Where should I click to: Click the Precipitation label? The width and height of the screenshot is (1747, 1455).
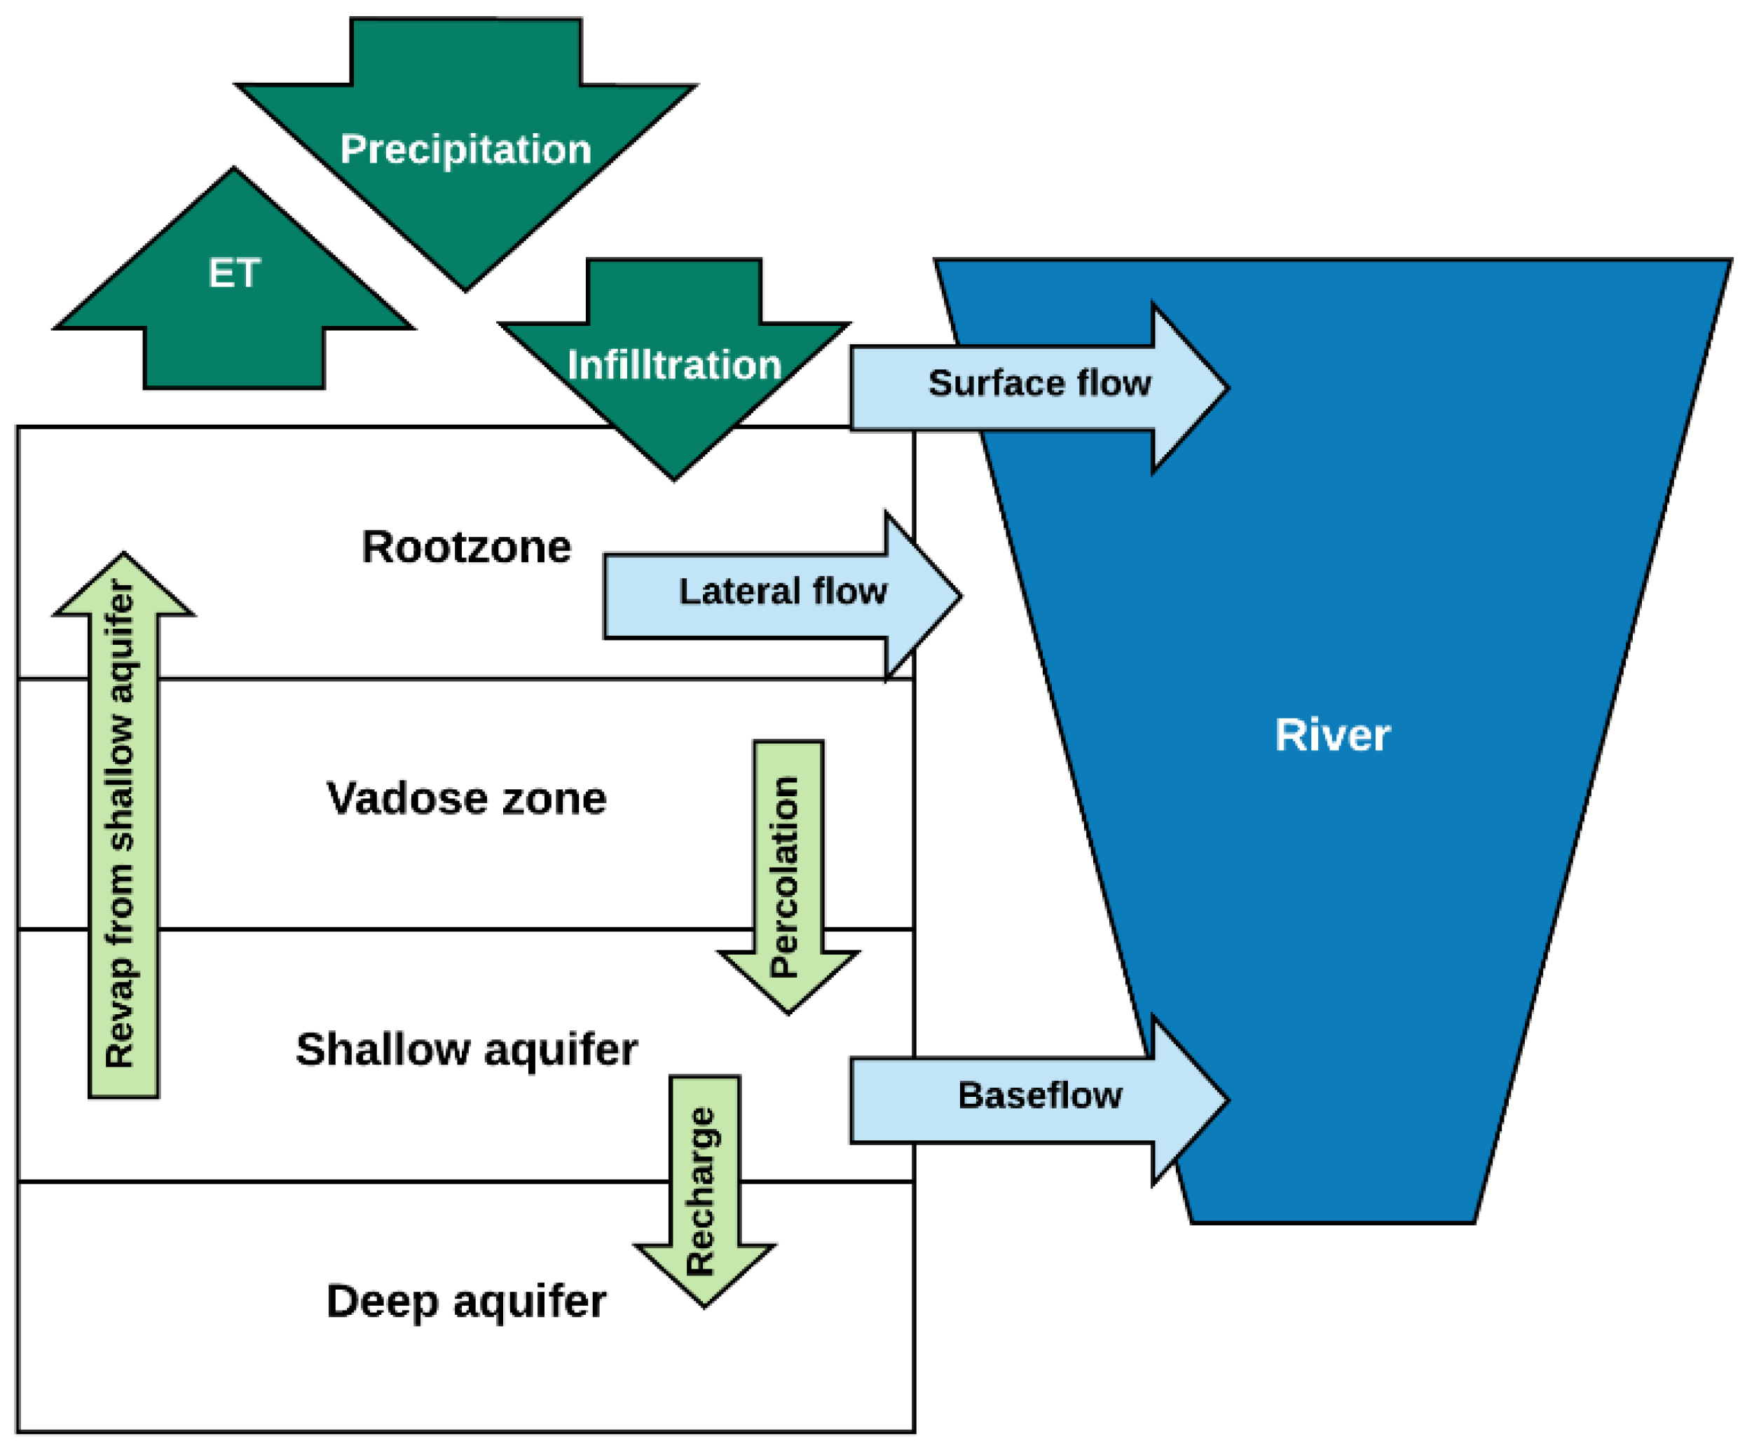(466, 150)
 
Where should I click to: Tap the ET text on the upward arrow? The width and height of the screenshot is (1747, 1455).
(234, 273)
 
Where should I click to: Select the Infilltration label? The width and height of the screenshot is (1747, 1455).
(674, 365)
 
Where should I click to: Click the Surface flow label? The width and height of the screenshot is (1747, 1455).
(1039, 383)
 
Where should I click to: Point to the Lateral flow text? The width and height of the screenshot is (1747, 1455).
(783, 592)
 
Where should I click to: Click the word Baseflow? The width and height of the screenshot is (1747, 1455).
(1040, 1095)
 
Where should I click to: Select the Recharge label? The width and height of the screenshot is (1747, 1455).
(701, 1192)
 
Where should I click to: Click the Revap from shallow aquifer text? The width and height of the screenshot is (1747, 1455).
(121, 824)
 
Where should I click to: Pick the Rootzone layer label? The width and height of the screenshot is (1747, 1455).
(466, 547)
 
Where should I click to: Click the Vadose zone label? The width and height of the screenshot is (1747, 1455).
(466, 798)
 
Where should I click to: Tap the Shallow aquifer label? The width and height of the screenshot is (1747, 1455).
(466, 1050)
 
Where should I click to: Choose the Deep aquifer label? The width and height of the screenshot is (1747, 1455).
(466, 1302)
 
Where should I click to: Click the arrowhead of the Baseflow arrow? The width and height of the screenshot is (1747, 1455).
(1198, 1100)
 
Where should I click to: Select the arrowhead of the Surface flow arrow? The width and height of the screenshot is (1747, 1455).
(1198, 387)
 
